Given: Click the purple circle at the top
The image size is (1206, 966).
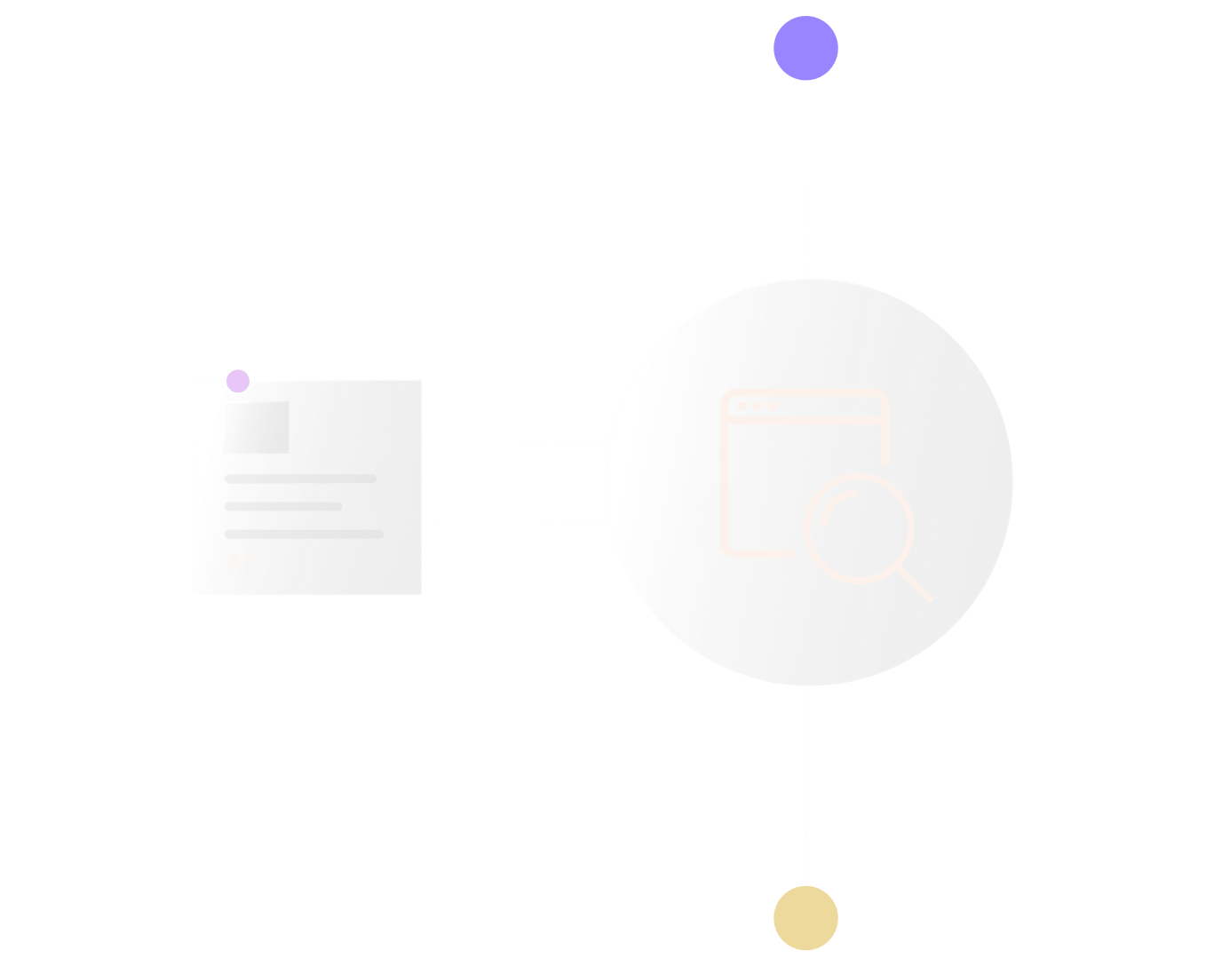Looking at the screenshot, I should (x=805, y=48).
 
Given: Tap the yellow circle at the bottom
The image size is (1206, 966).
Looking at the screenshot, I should (x=805, y=918).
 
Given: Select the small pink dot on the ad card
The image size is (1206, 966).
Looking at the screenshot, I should (x=238, y=381).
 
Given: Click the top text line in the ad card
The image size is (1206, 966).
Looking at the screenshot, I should (x=300, y=479).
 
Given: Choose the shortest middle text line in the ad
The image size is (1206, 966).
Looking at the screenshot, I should (x=283, y=507).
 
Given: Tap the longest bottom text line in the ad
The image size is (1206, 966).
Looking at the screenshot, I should (x=304, y=534).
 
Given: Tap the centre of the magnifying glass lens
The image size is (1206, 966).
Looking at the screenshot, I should (x=859, y=528).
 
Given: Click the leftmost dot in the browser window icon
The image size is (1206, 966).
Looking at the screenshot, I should (x=742, y=407).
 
